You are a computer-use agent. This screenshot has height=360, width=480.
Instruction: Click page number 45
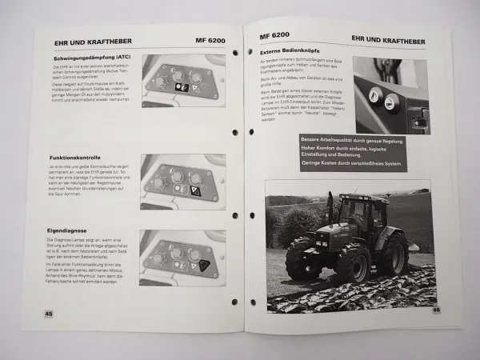[x=49, y=313]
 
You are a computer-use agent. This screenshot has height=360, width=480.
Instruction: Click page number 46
[x=435, y=310]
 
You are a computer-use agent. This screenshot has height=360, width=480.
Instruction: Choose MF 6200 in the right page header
[x=275, y=37]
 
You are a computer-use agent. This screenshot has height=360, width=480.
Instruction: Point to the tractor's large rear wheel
[x=394, y=254]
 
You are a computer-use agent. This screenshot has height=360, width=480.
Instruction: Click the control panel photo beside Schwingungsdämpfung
[x=180, y=82]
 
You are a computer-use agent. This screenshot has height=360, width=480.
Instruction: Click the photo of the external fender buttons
[x=392, y=94]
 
